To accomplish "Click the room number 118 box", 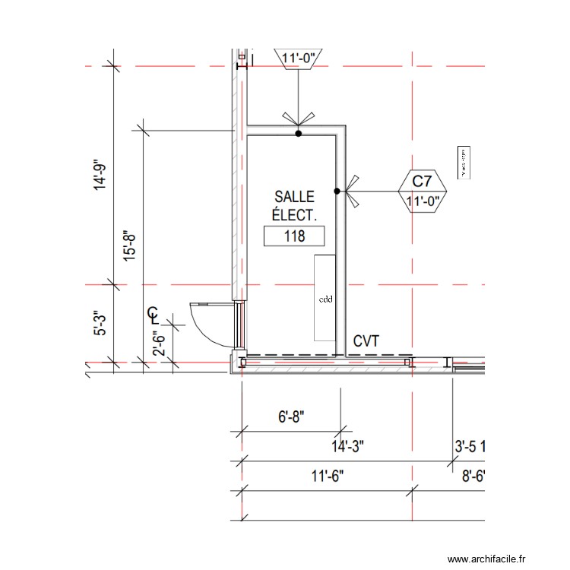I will (293, 236).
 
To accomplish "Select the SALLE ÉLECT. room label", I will (294, 206).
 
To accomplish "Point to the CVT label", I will (366, 342).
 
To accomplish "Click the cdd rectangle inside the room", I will (325, 298).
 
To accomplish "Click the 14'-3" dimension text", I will (348, 445).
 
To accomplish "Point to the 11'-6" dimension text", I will (328, 476).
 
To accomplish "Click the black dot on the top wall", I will (299, 135).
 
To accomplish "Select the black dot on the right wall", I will (337, 191).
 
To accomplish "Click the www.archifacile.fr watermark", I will (486, 559).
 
